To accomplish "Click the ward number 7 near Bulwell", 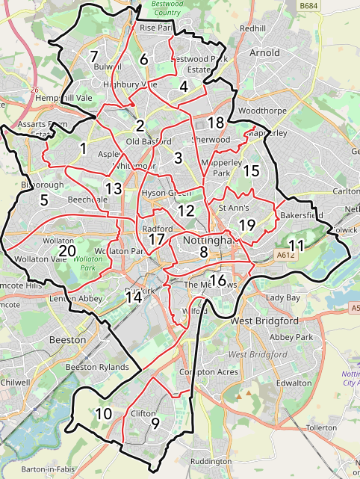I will (93, 56).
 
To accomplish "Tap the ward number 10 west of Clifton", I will (104, 413).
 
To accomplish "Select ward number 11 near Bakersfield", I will (297, 245).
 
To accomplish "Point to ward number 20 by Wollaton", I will (67, 251).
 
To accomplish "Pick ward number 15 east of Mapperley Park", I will (251, 170).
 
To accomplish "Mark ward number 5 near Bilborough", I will (43, 200).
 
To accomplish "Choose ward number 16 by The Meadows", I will (218, 280).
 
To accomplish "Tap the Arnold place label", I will (264, 53).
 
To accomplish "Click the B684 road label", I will (308, 6).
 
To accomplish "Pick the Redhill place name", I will (252, 28).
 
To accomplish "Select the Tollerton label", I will (322, 427).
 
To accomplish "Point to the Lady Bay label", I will (282, 297).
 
